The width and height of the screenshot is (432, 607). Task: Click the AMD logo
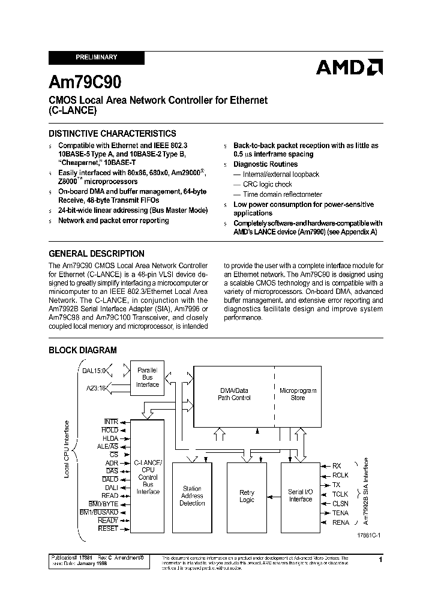[x=349, y=68]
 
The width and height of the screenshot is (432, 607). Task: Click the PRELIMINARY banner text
[x=97, y=58]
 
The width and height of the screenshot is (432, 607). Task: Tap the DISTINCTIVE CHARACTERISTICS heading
[x=112, y=134]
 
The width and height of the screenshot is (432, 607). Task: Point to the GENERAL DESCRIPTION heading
[x=96, y=254]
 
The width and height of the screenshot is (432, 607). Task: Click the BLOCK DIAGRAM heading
[x=82, y=350]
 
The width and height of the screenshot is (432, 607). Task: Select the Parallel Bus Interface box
[x=147, y=377]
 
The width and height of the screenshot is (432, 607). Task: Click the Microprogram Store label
[x=298, y=394]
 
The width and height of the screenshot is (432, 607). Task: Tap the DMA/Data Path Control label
[x=233, y=394]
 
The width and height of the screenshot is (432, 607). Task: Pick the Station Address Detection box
[x=192, y=496]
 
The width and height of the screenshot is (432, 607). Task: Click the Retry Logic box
[x=247, y=496]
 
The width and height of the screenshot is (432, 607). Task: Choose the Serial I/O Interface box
[x=301, y=495]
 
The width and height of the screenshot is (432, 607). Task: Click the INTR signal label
[x=111, y=422]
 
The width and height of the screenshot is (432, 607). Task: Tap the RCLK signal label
[x=340, y=475]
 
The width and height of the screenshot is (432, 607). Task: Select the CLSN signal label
[x=340, y=504]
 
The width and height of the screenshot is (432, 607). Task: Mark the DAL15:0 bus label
[x=94, y=371]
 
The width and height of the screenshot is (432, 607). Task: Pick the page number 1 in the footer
[x=380, y=559]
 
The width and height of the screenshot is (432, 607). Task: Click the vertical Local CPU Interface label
[x=68, y=449]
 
